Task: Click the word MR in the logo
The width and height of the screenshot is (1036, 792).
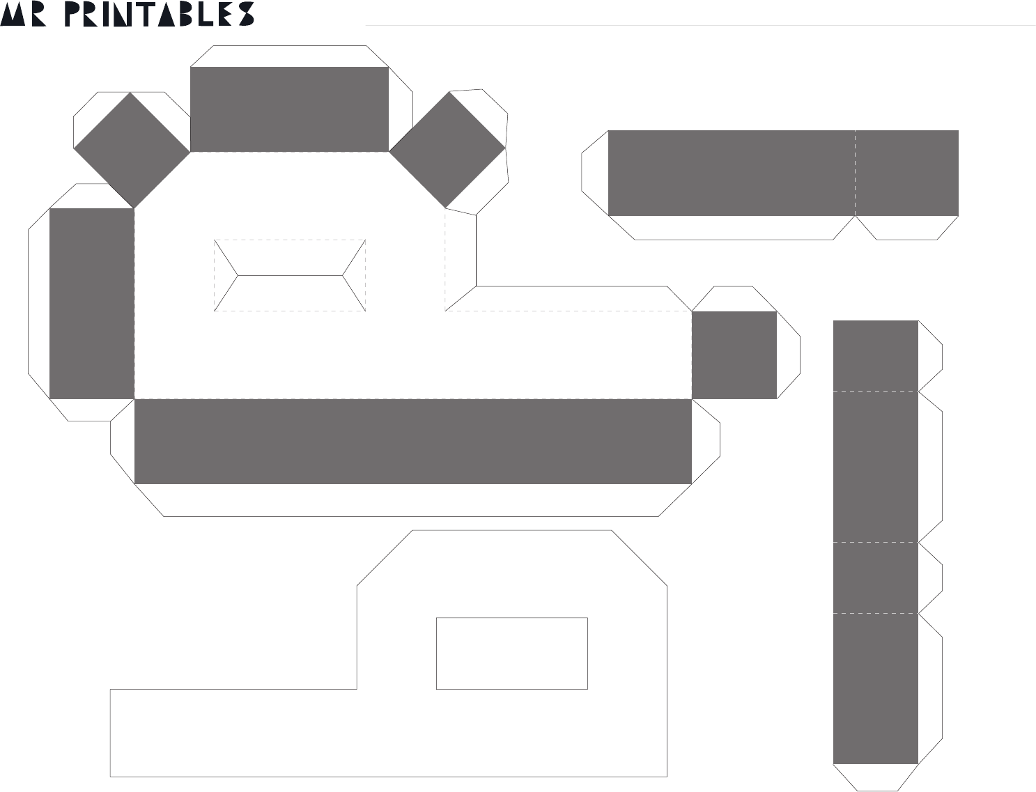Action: point(23,14)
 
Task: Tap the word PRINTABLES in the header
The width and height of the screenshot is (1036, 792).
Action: point(159,14)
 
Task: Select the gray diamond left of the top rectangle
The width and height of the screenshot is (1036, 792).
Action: point(132,150)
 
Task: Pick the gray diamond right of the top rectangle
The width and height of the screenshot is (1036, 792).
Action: point(447,150)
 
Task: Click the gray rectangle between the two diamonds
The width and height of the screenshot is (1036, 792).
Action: point(289,109)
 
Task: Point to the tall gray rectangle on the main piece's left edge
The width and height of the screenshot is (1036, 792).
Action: point(92,303)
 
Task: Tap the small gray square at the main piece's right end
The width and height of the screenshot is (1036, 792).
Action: point(734,355)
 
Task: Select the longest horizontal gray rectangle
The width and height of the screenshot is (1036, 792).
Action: point(413,442)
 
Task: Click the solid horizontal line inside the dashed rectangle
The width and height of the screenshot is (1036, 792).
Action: point(290,275)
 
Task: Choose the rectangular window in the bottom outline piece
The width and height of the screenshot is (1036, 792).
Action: point(511,653)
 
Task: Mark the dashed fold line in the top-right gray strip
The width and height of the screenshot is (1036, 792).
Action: point(855,173)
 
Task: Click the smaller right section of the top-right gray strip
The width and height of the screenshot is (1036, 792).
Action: point(906,173)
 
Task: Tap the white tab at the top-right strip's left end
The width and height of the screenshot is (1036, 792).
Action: point(595,173)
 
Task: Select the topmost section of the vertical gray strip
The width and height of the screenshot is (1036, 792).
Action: point(876,356)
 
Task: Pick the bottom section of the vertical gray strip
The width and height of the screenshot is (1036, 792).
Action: point(876,688)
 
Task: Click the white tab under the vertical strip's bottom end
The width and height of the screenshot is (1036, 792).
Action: point(876,777)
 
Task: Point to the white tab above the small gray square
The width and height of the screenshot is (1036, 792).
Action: point(734,299)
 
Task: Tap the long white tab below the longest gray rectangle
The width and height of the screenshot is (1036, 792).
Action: point(413,500)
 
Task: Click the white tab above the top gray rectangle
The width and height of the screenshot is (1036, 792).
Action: point(289,56)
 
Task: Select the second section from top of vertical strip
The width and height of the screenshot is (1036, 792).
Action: point(876,467)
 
